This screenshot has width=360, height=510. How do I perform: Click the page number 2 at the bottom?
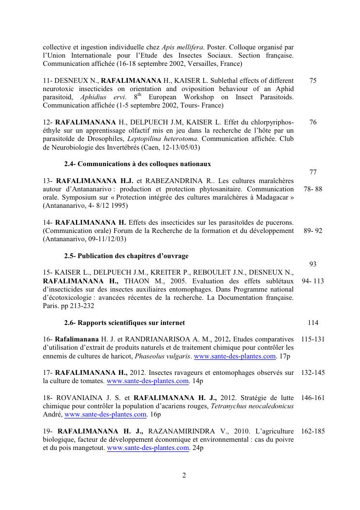184,475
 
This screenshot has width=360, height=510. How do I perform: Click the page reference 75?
313,80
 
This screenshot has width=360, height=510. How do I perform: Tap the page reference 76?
313,123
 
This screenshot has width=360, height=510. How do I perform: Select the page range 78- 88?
313,189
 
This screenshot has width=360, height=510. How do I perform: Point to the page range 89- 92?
313,231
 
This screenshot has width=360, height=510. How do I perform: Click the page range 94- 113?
313,281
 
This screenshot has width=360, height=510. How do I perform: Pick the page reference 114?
313,323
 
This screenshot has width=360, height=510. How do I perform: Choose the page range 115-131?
313,340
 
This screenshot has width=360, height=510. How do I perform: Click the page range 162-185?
313,431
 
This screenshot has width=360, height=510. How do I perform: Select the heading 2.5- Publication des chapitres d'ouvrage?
126,256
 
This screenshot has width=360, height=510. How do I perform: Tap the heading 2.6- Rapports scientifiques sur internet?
124,323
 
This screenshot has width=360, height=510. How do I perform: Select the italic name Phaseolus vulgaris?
162,356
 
